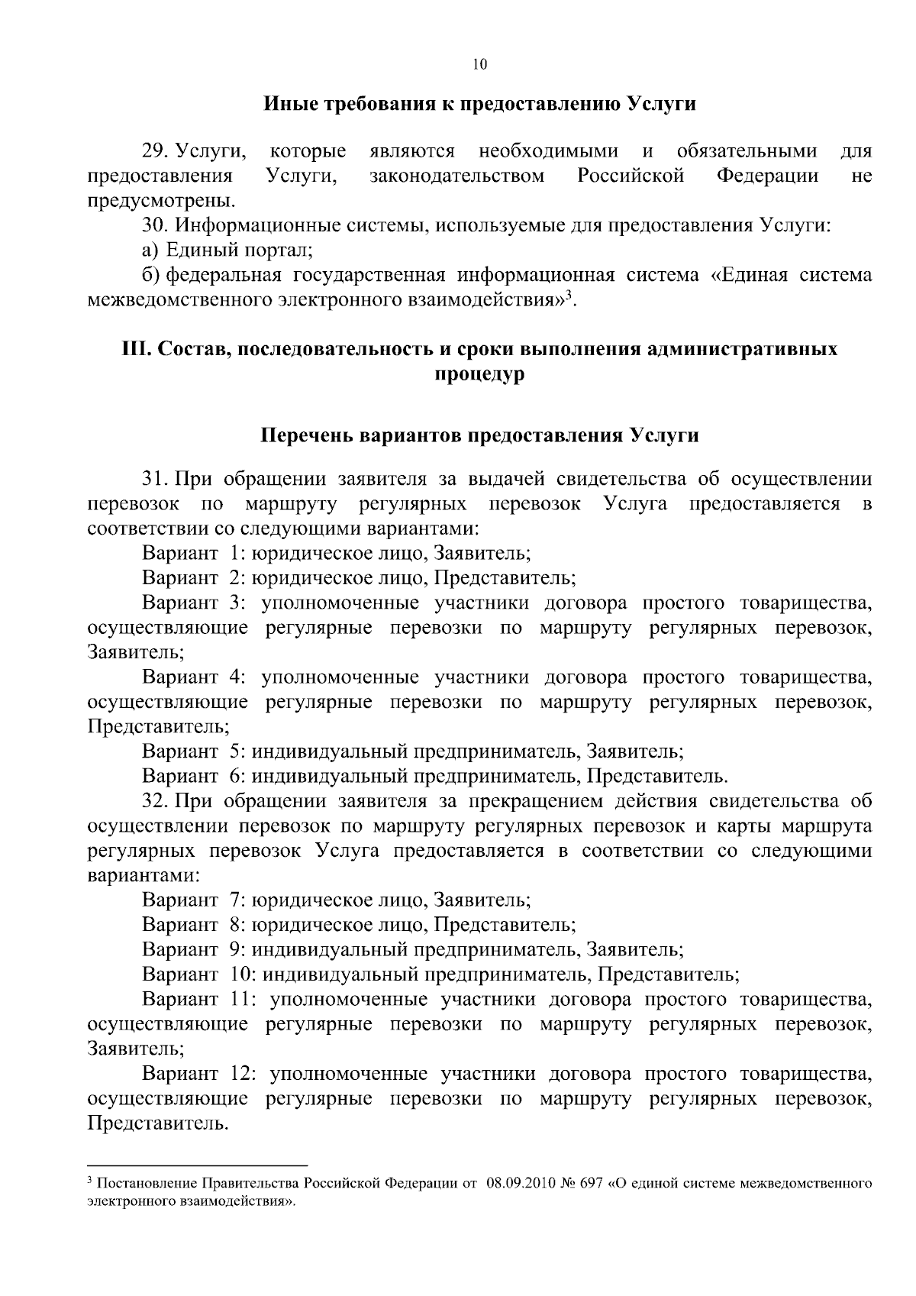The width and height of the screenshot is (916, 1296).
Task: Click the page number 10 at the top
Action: coord(479,65)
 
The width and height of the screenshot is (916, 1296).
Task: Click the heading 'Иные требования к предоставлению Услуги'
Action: coord(479,104)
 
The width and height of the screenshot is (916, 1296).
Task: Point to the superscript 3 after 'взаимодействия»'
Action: coord(569,294)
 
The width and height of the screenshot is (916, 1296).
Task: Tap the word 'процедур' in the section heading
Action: coord(479,375)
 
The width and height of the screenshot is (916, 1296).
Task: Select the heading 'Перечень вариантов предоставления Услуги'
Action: coord(479,436)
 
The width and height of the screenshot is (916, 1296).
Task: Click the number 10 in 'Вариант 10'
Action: coord(238,974)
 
